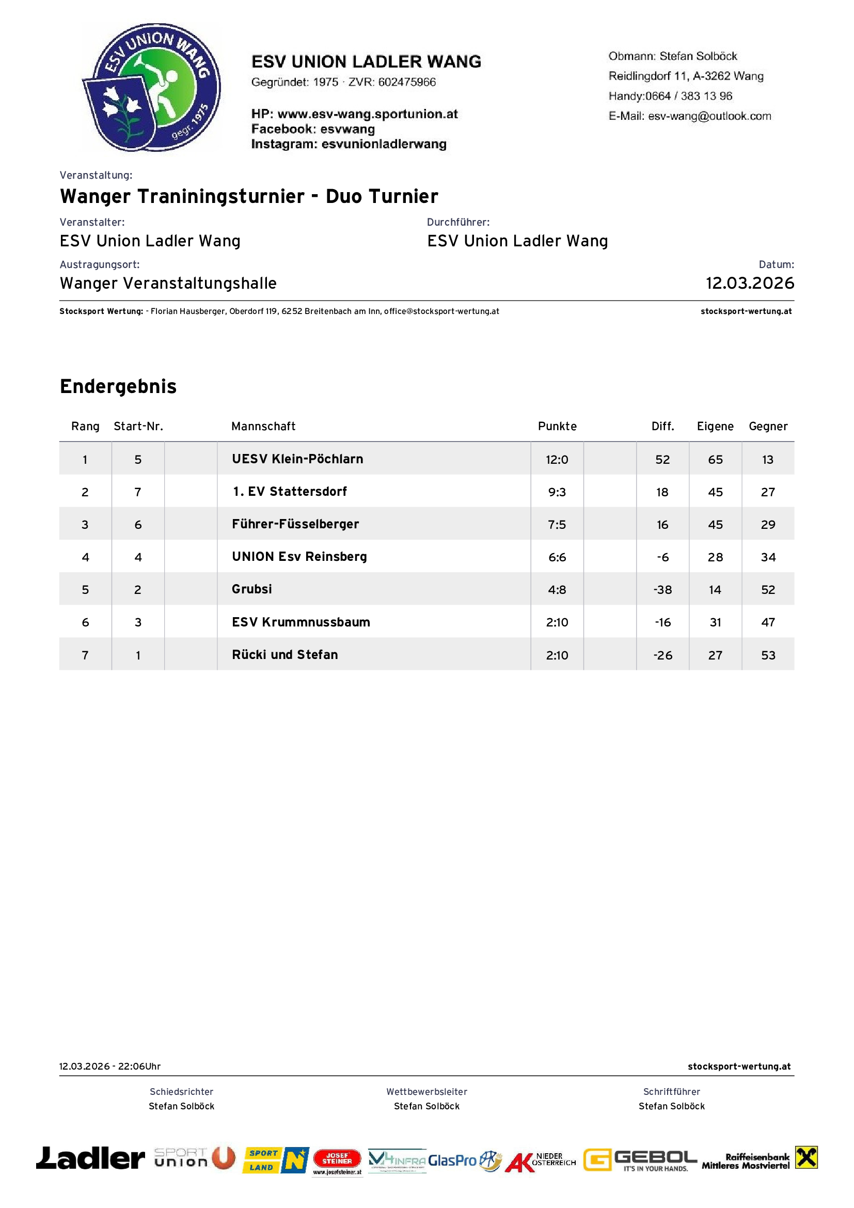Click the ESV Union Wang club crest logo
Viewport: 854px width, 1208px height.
151,87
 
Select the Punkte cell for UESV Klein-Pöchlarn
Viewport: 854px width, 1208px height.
557,460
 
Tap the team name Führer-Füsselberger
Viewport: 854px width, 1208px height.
295,524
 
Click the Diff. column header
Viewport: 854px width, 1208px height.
662,426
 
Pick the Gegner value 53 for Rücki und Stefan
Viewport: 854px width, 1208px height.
768,655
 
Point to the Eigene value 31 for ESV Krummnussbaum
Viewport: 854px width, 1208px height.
715,622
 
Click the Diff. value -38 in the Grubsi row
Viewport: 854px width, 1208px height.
662,590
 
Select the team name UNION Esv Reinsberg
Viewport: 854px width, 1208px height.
299,557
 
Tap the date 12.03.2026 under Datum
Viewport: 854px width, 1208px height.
749,283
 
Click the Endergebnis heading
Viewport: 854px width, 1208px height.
118,386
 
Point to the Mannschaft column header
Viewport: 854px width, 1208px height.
263,426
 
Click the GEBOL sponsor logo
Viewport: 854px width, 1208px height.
640,1159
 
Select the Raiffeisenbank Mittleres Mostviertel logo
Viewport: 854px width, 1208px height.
760,1158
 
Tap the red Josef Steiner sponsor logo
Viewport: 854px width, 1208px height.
337,1159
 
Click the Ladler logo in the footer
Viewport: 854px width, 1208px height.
90,1158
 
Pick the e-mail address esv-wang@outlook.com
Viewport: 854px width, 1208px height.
709,116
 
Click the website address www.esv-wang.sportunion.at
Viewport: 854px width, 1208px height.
367,114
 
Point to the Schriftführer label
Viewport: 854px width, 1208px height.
672,1092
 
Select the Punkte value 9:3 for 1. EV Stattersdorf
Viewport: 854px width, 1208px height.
557,493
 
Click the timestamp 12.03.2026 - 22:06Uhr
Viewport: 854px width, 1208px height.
110,1066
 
